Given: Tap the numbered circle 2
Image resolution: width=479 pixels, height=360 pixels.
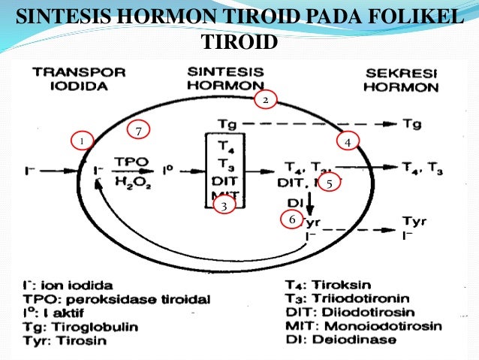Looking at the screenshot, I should (264, 98).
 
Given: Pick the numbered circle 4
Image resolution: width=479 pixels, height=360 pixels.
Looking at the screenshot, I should (348, 141).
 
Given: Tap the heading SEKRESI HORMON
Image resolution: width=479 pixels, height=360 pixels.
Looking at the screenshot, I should (401, 80).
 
